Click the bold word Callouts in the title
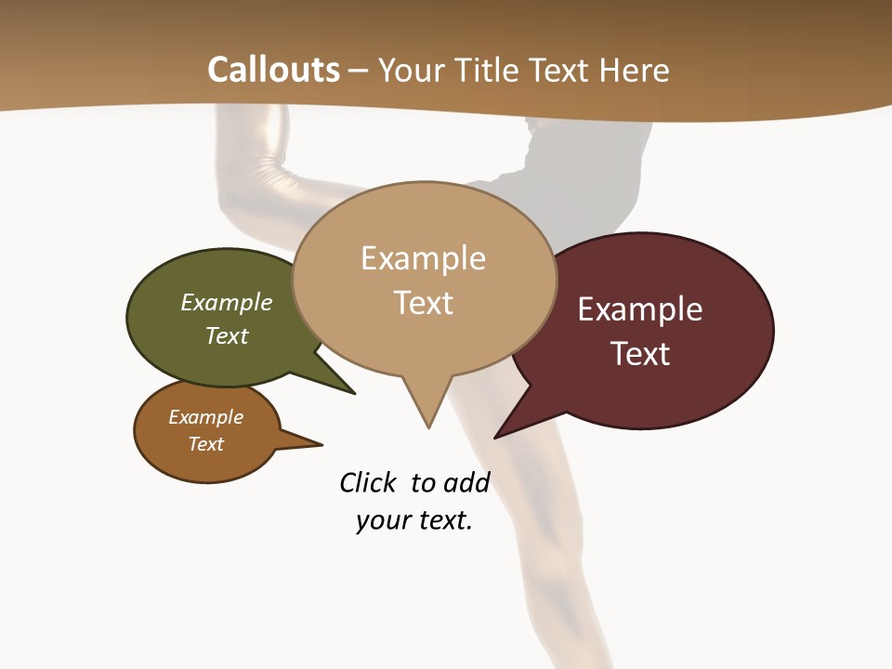[273, 70]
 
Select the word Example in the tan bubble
[423, 258]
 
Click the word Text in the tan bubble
[423, 303]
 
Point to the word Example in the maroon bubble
[640, 309]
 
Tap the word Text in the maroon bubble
[640, 354]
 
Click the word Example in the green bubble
[227, 303]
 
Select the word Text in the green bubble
[227, 335]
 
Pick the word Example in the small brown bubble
[205, 417]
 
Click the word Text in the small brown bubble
[205, 444]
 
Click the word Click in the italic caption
[367, 483]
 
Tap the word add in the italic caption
[466, 483]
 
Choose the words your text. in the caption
[413, 520]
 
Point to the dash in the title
[359, 70]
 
